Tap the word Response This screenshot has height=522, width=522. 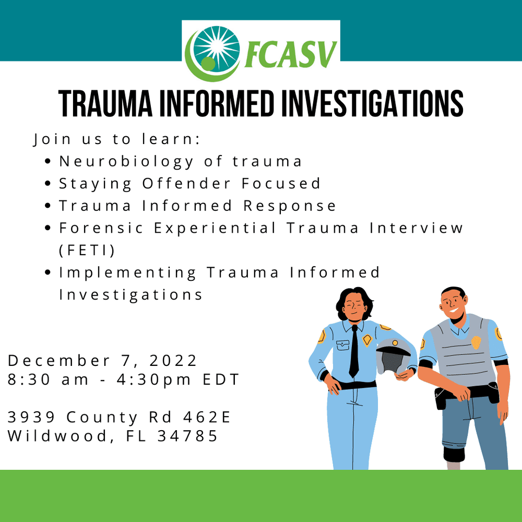click(290, 206)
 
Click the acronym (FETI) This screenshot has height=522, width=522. click(87, 250)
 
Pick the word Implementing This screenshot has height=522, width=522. click(128, 272)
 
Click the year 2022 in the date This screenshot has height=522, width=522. click(173, 360)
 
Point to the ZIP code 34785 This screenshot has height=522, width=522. click(187, 435)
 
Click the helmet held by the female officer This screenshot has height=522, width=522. click(393, 356)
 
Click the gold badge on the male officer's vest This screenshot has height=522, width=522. click(477, 342)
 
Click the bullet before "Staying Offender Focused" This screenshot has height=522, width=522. click(48, 184)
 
